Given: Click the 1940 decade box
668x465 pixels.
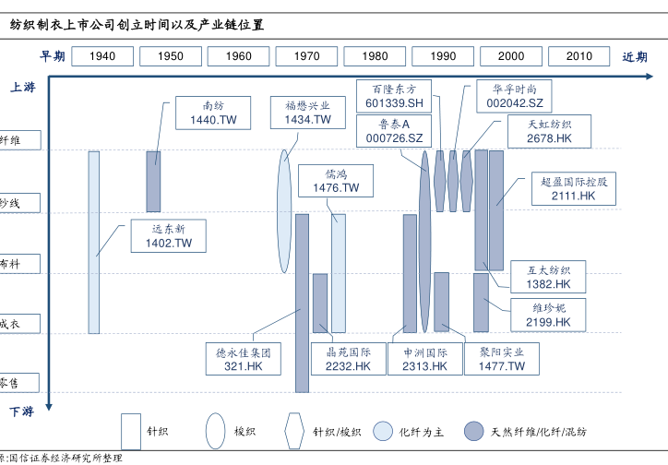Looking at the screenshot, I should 102,56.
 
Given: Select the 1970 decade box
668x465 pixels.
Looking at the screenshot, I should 306,56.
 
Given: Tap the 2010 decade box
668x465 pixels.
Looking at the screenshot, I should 579,56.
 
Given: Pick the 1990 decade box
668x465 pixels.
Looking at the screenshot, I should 443,56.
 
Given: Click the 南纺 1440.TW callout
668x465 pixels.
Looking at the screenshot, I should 213,113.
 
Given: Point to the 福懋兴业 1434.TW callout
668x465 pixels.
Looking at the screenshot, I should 307,113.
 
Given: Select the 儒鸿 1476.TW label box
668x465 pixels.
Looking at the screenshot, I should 336,181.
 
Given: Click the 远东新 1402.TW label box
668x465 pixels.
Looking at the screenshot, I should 168,236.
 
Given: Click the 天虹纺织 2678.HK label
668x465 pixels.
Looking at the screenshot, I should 550,132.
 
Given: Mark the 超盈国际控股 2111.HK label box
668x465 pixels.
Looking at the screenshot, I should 574,189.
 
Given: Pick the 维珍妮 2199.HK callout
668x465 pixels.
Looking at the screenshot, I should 549,315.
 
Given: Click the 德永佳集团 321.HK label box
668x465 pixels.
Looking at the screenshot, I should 244,359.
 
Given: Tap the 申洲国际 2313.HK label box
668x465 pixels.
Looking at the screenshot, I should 424,359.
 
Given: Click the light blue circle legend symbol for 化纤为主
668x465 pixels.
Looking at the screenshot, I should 383,431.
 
